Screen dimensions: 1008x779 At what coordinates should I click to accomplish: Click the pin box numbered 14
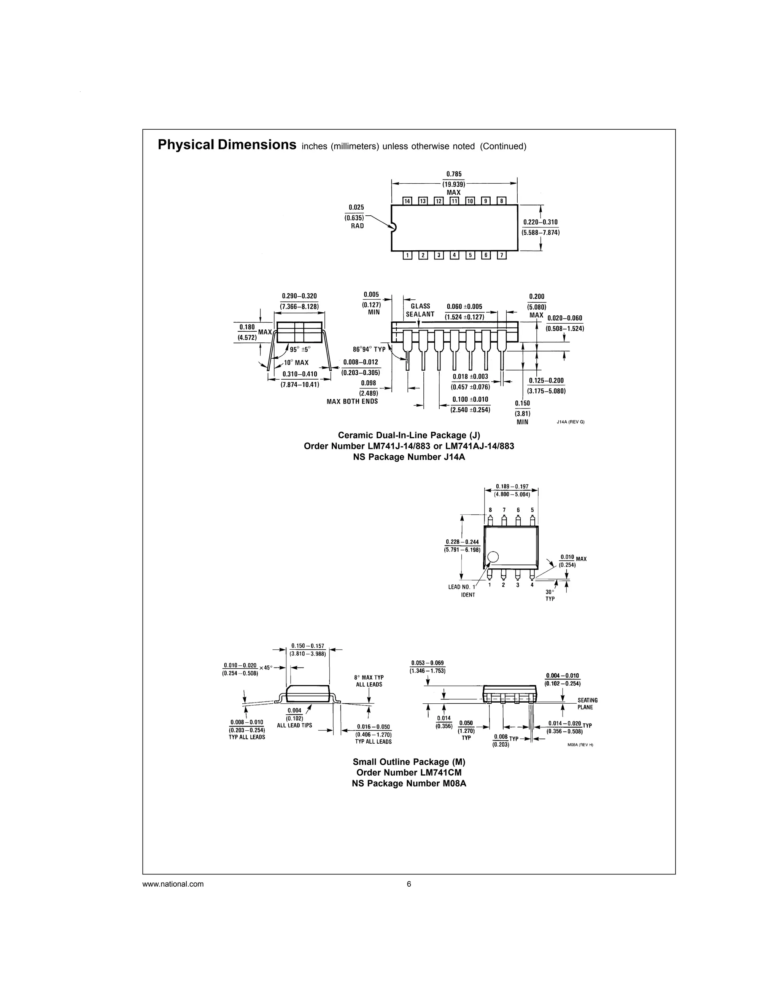click(407, 201)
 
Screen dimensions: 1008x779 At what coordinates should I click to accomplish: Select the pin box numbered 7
click(502, 255)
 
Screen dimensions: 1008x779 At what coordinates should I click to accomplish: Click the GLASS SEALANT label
click(420, 310)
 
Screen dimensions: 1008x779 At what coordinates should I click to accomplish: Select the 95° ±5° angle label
click(300, 350)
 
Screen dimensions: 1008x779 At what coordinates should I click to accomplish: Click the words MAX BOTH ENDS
click(352, 402)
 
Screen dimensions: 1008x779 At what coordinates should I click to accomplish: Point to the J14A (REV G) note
click(571, 422)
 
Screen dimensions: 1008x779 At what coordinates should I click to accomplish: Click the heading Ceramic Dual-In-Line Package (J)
click(409, 435)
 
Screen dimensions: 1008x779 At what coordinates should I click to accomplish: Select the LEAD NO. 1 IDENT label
click(463, 591)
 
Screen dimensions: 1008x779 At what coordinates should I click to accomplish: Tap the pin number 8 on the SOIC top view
click(490, 510)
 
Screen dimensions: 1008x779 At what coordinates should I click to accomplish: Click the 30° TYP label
click(550, 595)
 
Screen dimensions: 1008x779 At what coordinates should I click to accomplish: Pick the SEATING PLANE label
click(587, 704)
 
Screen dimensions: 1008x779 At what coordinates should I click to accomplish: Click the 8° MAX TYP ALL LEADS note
click(369, 681)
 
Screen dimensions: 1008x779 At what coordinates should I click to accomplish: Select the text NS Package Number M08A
click(409, 783)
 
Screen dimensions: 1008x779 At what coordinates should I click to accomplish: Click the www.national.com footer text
click(173, 884)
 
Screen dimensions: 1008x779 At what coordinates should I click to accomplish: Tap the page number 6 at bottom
click(409, 884)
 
